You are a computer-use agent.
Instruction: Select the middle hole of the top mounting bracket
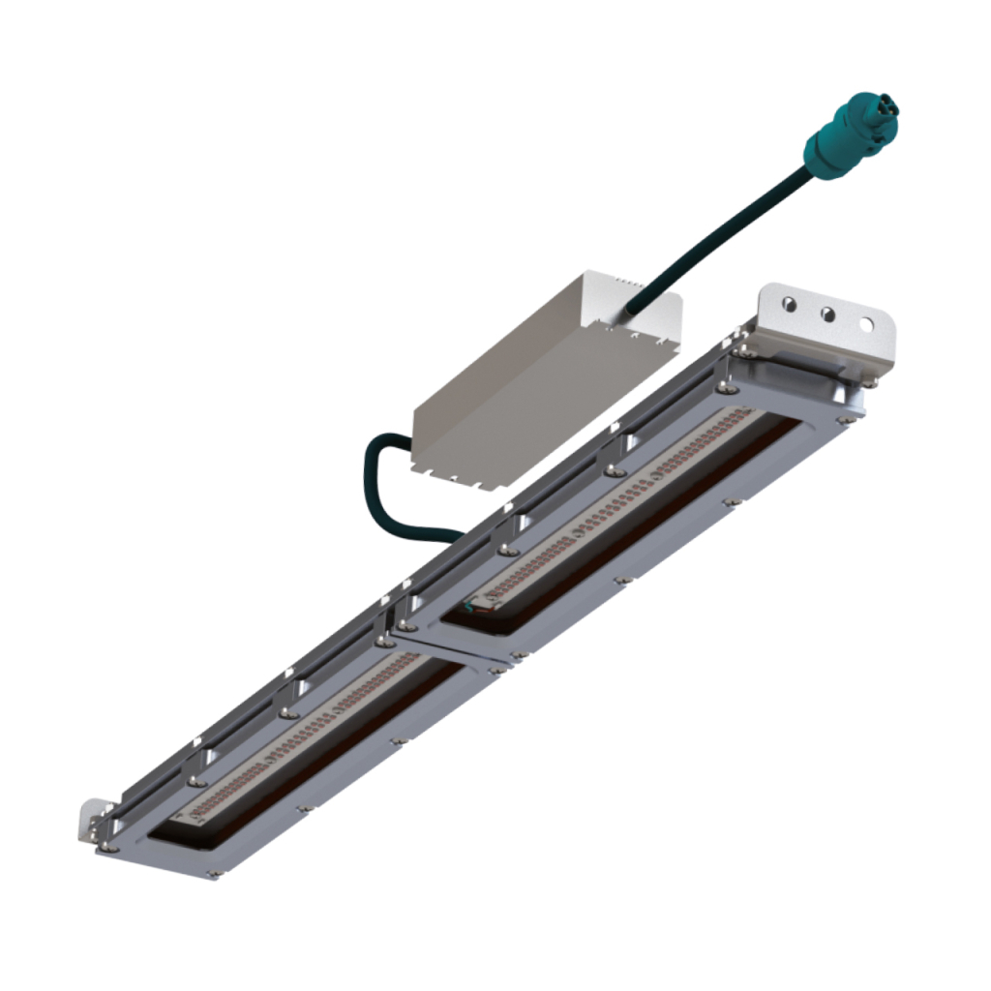(x=828, y=315)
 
